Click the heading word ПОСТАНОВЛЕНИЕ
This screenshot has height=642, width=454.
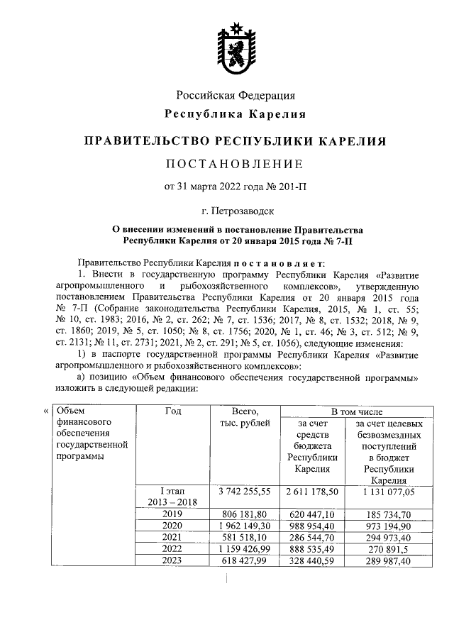[235, 164]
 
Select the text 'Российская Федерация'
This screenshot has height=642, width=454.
[236, 95]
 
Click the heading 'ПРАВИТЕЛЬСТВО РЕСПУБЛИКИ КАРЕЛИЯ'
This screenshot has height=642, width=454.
[235, 140]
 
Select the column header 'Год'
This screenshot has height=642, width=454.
[172, 411]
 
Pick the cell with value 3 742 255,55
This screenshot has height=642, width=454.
[243, 491]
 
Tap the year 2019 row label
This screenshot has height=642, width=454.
[172, 513]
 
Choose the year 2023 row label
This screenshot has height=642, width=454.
[172, 560]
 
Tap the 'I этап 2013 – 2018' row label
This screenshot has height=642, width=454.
[172, 497]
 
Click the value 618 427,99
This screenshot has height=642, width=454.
[243, 560]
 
